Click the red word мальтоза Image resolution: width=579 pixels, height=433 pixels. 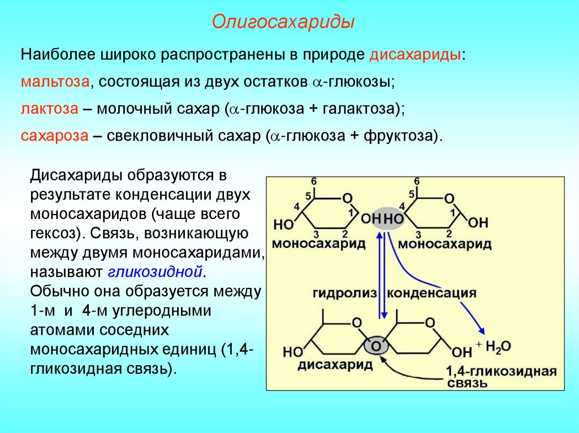tap(55, 81)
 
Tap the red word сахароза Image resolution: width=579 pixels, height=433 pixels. tap(54, 136)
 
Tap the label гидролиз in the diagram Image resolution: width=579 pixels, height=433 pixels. tap(343, 294)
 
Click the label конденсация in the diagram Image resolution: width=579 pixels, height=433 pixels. tap(432, 294)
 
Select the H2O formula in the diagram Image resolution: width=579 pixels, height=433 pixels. tap(497, 345)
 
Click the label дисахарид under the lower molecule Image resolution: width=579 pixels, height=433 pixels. tap(335, 365)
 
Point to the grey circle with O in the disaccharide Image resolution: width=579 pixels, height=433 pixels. tap(376, 344)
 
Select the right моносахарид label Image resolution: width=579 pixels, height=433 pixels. tap(444, 244)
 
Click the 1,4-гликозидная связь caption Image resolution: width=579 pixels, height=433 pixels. tap(500, 378)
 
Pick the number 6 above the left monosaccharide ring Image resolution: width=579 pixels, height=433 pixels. tap(314, 181)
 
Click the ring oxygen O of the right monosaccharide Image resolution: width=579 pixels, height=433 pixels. tap(450, 198)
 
